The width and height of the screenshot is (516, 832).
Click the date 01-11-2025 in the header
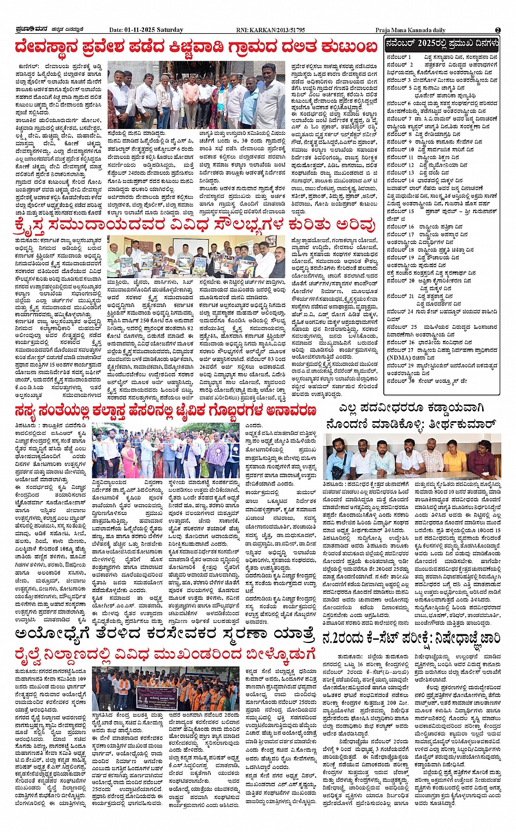(x=143, y=30)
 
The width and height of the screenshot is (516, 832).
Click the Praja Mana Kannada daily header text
(x=410, y=30)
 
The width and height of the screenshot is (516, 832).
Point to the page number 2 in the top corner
(x=497, y=30)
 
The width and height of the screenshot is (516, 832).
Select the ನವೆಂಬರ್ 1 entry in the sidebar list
(x=399, y=57)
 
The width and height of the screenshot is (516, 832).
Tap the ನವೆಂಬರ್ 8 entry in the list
(x=399, y=134)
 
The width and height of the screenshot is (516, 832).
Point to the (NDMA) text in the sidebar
(x=398, y=358)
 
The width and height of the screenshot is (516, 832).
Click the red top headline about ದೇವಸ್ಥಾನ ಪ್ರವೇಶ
(x=197, y=47)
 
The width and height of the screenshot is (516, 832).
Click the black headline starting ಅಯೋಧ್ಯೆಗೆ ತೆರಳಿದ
(x=165, y=635)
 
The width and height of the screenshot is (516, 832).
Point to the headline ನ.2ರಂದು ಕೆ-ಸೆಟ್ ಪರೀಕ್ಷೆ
(x=411, y=638)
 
